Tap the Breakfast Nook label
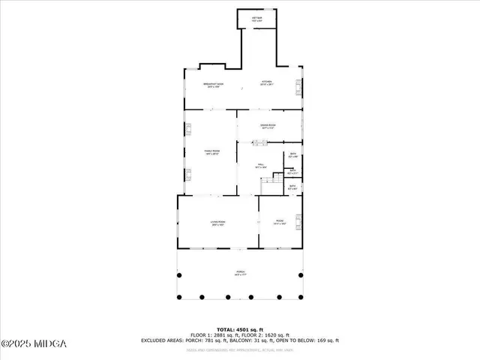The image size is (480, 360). click(x=215, y=85)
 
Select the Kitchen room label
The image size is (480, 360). click(x=267, y=83)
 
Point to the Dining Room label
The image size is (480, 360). click(x=268, y=126)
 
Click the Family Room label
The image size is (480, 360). click(x=211, y=153)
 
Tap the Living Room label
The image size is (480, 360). click(x=218, y=223)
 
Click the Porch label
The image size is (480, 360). click(x=241, y=273)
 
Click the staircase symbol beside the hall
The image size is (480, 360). click(x=279, y=182)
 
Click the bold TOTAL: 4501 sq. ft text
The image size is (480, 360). click(x=240, y=329)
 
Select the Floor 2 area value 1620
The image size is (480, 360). click(x=274, y=334)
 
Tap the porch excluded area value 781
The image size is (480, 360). click(x=207, y=340)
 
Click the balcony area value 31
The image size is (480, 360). click(x=262, y=340)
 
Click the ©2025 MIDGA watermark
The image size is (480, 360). click(x=34, y=343)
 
